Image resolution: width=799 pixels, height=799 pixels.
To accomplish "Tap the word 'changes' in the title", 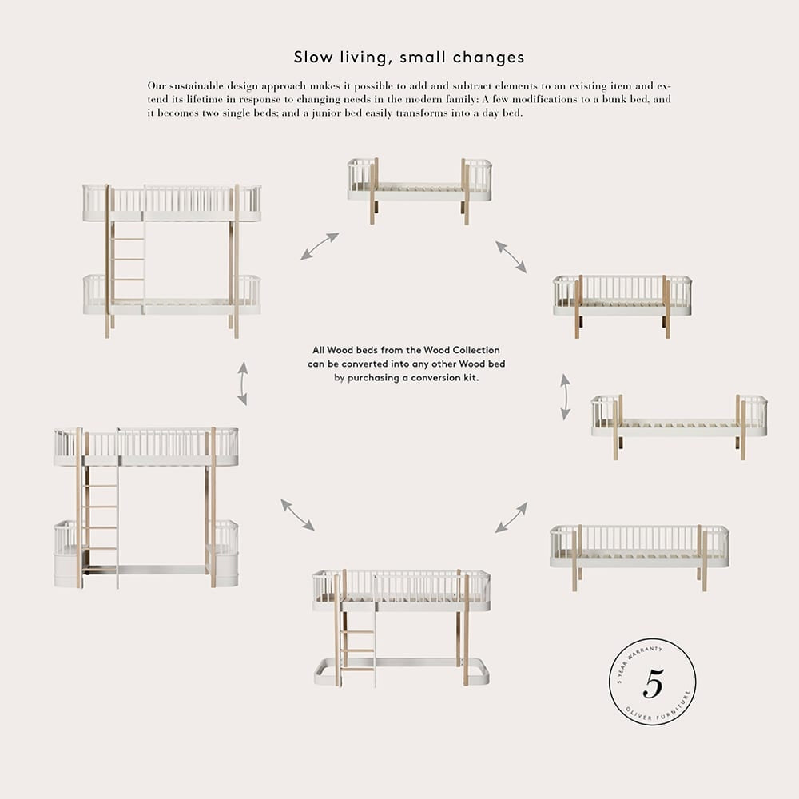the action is point(487,57).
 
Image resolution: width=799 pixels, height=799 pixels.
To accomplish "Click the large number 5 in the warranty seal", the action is point(654,683).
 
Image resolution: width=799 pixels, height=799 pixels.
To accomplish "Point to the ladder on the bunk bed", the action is point(128,260).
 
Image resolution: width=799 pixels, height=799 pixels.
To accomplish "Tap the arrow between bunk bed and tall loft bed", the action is point(243,384).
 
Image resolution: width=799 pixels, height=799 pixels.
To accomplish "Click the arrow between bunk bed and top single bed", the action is point(320,246).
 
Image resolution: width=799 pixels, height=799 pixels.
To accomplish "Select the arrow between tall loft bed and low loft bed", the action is point(297,515).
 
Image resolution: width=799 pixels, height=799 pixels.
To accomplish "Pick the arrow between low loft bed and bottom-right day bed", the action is point(511,517).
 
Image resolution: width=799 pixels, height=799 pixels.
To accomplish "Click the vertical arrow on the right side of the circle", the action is point(565,397).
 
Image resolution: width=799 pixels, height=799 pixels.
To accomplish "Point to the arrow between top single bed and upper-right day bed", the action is point(511,256).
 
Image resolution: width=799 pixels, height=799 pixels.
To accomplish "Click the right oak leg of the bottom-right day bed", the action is point(705,561).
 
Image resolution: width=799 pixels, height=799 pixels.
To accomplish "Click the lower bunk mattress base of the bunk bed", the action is point(173,308).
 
